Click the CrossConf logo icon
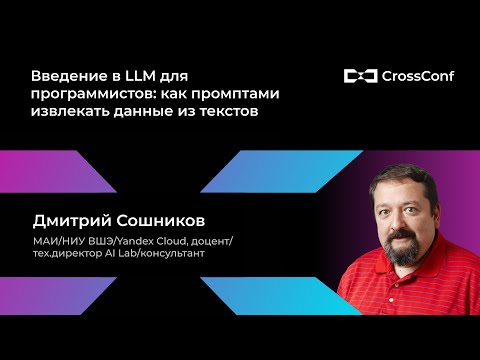pos(359,75)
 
